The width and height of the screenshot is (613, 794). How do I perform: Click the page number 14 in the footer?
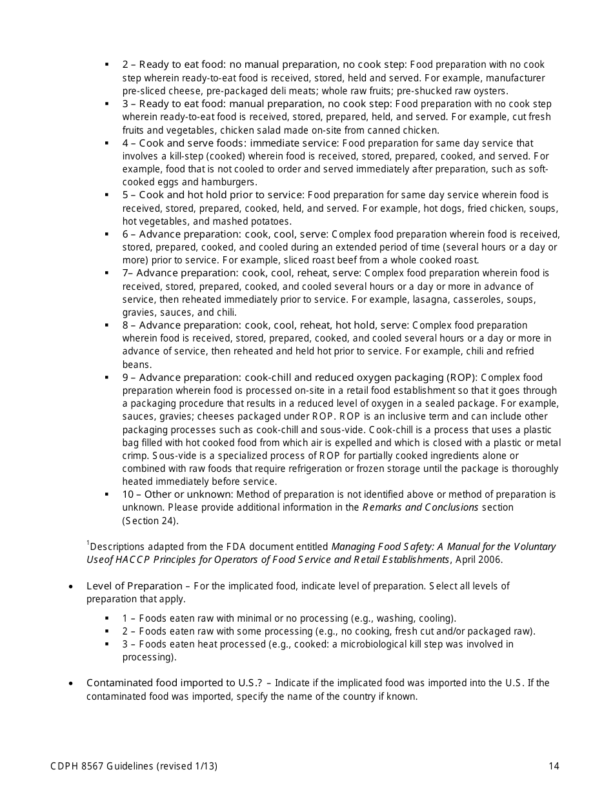point(554,766)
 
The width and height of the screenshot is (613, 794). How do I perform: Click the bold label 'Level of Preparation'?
point(134,586)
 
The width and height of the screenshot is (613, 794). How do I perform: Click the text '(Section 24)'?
point(150,520)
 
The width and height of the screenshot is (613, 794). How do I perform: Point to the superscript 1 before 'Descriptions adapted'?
point(88,544)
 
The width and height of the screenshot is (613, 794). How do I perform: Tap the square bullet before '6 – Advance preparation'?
point(107,234)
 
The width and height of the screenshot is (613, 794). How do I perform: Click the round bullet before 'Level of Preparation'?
point(70,587)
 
